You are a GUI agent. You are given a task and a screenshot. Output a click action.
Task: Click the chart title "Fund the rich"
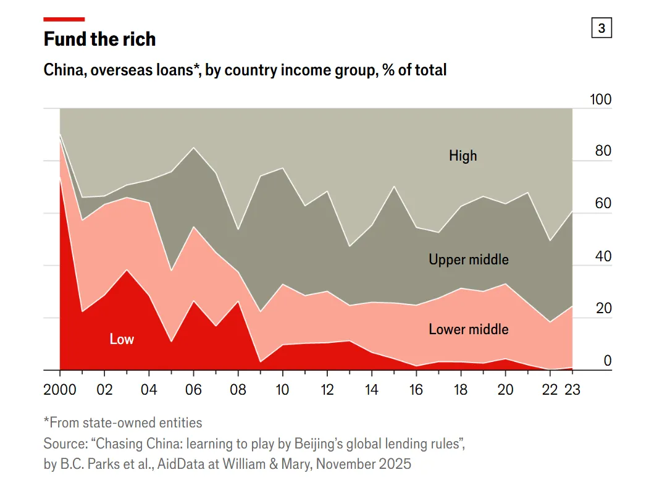(99, 40)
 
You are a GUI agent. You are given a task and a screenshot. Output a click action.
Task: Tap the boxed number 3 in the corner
(601, 28)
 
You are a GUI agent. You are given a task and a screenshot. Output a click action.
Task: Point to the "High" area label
(463, 156)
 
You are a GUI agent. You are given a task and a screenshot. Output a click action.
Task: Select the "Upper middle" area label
(469, 259)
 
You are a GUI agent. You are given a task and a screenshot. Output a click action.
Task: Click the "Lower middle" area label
(469, 329)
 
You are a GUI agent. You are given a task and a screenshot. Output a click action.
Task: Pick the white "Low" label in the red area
(122, 339)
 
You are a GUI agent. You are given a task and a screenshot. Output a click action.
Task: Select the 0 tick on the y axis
(608, 361)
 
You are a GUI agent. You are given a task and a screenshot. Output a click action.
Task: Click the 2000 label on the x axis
(60, 390)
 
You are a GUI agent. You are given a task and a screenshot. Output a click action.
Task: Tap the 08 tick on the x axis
(238, 390)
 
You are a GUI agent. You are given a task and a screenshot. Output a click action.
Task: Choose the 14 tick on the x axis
(372, 390)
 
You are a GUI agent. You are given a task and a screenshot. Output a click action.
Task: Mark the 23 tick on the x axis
(572, 390)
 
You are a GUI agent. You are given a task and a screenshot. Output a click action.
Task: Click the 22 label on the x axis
(550, 390)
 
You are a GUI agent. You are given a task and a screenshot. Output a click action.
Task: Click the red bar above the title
(64, 19)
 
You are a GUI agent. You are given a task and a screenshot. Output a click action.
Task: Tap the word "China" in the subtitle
(64, 70)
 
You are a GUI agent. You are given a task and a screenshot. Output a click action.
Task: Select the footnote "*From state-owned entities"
(123, 423)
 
